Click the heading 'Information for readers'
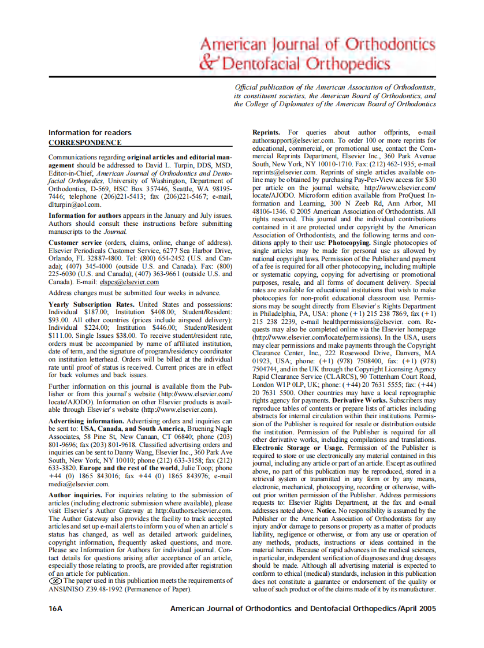90,133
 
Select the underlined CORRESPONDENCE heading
85,142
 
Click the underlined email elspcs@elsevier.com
129,282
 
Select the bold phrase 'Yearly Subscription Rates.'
92,304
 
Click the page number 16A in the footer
56,609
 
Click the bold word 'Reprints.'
266,133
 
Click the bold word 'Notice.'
326,511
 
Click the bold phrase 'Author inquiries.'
76,495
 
